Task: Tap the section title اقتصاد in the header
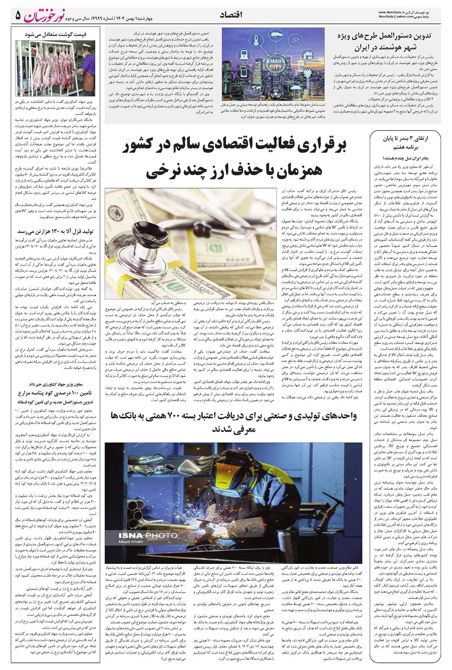point(231,15)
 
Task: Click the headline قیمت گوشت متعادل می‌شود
point(56,34)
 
